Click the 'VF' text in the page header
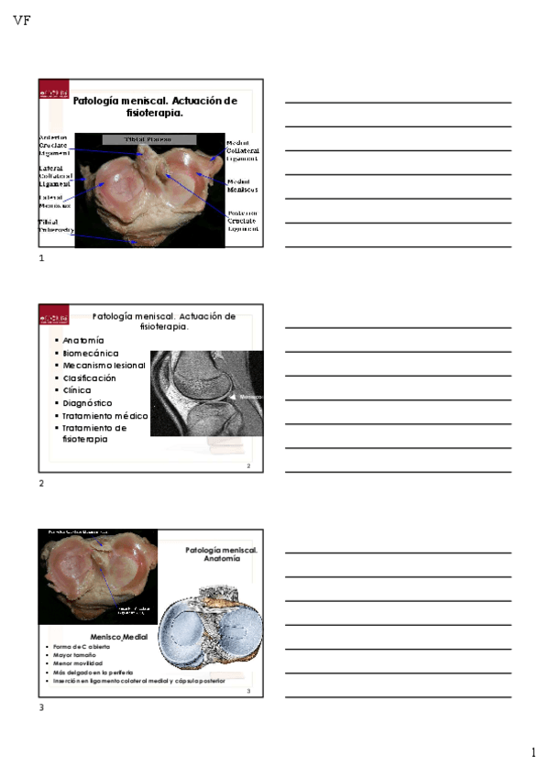point(23,20)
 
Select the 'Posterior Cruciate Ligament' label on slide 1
point(243,220)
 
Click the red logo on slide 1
point(52,94)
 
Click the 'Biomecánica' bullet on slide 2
point(91,353)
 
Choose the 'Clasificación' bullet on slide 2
point(90,378)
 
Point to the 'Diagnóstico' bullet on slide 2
point(88,402)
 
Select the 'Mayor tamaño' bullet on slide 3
point(74,656)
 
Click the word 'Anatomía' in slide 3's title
point(222,558)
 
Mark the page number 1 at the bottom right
point(533,752)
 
